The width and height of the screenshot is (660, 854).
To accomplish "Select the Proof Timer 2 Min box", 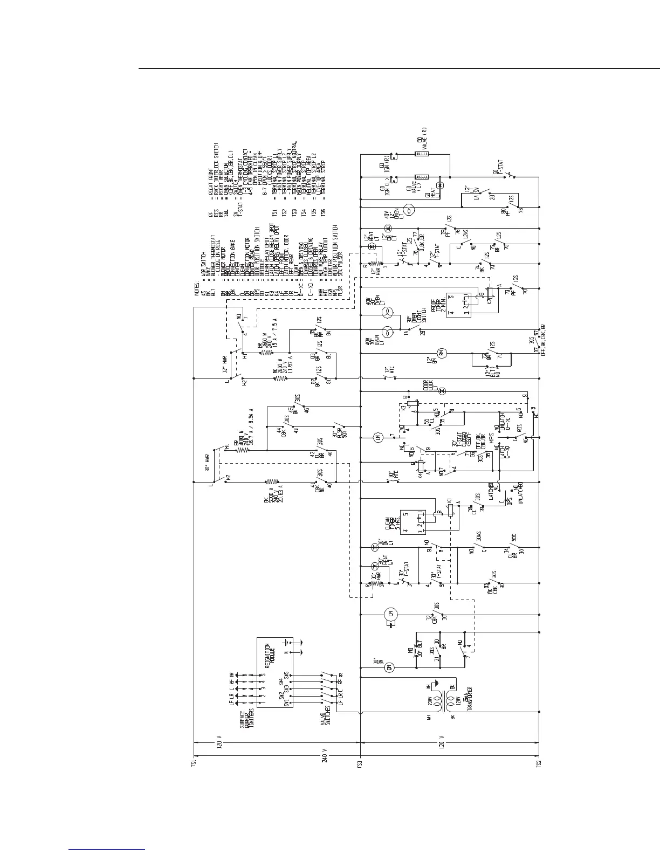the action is click(458, 304).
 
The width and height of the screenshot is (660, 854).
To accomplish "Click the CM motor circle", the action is click(390, 614).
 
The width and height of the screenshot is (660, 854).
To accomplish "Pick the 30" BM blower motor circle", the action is click(390, 668).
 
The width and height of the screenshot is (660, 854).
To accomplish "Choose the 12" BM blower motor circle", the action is click(441, 353).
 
